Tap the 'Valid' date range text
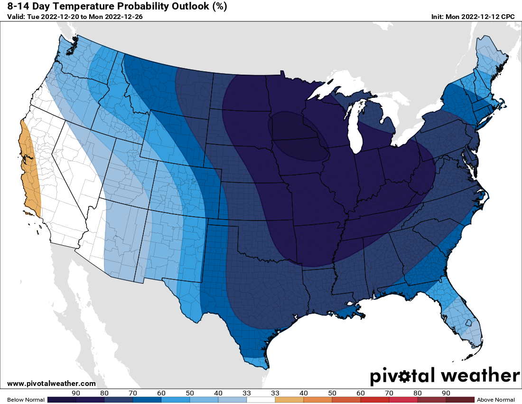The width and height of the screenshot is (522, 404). click(75, 17)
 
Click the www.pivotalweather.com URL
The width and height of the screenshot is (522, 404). click(51, 384)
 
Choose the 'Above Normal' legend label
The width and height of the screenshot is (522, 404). click(496, 400)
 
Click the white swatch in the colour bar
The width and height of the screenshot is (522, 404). click(261, 400)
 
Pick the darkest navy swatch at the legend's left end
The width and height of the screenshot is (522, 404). click(62, 400)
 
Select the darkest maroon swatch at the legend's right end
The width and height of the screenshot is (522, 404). click(460, 400)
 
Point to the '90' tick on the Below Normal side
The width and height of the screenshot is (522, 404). click(75, 393)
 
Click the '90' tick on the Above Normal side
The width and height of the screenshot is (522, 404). click(446, 393)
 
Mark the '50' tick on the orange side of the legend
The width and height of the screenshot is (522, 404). click(332, 393)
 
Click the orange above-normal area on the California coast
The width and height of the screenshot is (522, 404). click(29, 171)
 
